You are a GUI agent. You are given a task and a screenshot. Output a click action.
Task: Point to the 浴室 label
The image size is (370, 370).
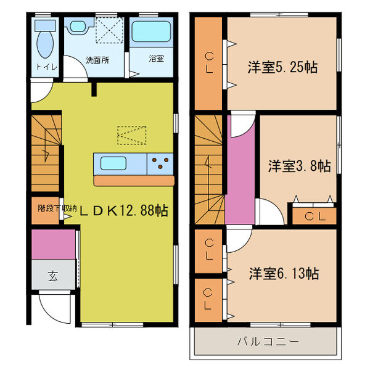click(155, 59)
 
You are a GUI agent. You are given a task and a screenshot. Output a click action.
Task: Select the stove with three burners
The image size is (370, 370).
click(160, 163)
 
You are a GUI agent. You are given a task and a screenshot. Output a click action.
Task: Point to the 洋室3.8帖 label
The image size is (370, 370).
click(299, 166)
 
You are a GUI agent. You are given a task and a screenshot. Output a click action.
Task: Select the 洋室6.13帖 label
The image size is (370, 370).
click(284, 272)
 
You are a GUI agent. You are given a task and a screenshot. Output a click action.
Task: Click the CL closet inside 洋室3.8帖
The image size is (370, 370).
click(314, 216)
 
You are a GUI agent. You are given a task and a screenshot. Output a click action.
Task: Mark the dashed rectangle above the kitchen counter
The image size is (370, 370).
click(131, 134)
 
